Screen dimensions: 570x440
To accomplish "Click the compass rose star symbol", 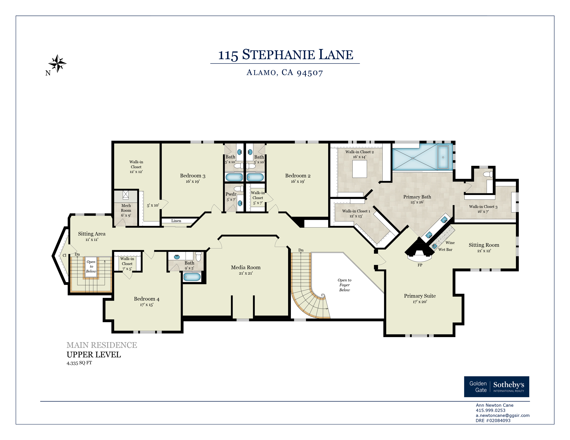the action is point(57,63).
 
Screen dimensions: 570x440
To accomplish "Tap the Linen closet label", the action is point(176,221).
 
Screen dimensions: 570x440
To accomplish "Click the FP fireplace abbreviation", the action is point(420,265).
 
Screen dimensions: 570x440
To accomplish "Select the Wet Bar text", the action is point(445,250).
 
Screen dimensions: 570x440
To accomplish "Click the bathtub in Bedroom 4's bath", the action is point(192,277).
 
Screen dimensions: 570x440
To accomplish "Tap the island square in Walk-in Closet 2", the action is point(360,169).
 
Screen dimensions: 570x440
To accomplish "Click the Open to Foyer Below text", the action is point(345,285).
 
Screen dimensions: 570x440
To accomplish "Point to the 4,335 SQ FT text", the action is point(79,363).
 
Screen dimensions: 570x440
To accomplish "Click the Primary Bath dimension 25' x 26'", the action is point(417,202).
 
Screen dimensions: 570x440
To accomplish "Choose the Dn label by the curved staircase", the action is point(301,250).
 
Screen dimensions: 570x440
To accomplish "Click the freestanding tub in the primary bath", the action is point(443,157).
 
